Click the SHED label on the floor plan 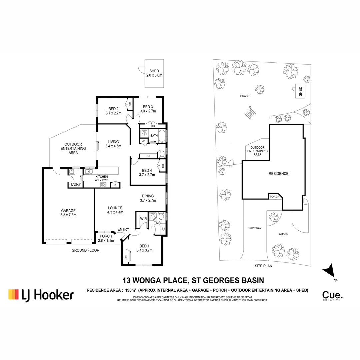154,71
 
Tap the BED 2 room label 113,109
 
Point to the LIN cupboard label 144,141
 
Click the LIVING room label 113,141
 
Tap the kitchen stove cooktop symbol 103,185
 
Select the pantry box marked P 115,185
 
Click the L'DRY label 74,184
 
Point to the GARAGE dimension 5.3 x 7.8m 68,215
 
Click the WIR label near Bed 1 143,219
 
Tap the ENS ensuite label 157,223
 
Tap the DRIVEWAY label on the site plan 254,228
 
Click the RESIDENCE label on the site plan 279,174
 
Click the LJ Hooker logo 41,294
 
